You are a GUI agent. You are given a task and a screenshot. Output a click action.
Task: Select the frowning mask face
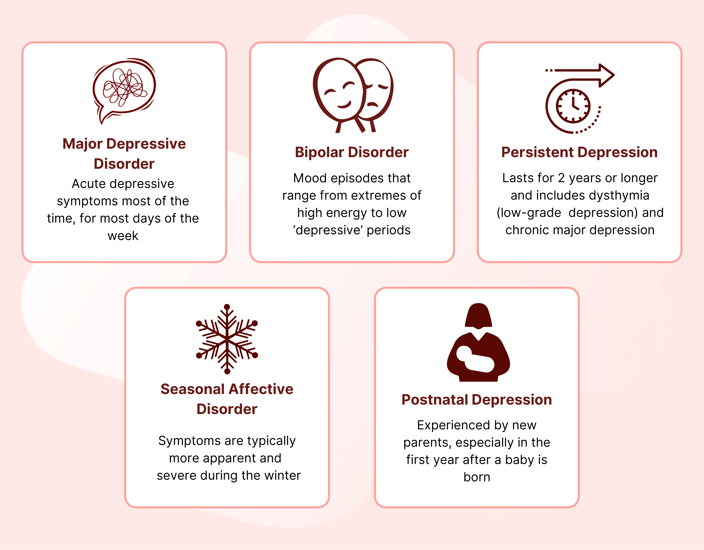[x=376, y=90]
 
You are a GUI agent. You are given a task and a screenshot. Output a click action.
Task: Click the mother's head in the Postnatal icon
[x=478, y=316]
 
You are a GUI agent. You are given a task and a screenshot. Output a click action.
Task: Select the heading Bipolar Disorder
[x=352, y=152]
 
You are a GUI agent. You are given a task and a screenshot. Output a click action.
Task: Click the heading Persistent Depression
[x=579, y=152]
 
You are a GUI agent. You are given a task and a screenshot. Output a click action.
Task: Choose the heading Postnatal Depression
[x=477, y=400]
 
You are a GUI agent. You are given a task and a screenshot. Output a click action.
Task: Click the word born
[x=477, y=477]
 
